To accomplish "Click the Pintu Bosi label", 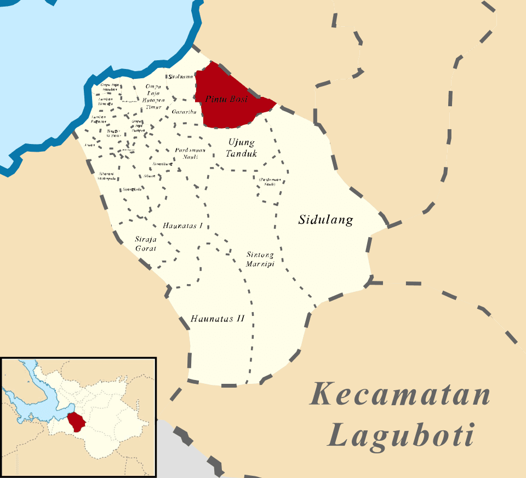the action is click(x=226, y=99).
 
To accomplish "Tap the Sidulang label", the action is click(x=325, y=220).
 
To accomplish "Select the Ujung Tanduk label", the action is click(x=241, y=148).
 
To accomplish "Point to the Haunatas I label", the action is click(x=183, y=226).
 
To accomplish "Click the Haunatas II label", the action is click(x=217, y=318).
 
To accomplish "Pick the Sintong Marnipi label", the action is click(x=260, y=259).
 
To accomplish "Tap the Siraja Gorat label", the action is click(x=146, y=244).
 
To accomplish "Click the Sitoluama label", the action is click(x=181, y=77).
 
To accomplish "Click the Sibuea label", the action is click(x=150, y=176).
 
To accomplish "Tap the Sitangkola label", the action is click(x=133, y=189).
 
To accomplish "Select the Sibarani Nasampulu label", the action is click(x=107, y=176).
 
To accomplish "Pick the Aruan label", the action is click(x=90, y=145).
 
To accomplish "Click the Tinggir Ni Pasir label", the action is click(x=113, y=133).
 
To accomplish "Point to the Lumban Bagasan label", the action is click(x=99, y=119).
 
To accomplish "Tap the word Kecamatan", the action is click(x=399, y=395).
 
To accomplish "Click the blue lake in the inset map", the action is click(x=33, y=400).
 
